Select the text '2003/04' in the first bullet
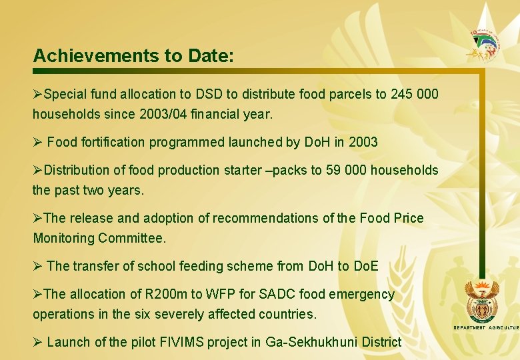(158, 114)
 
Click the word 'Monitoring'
(63, 238)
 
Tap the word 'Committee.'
(132, 238)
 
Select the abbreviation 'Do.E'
(365, 266)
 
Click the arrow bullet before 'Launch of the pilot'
(38, 342)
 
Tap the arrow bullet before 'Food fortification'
(38, 142)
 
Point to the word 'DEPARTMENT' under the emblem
(469, 328)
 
